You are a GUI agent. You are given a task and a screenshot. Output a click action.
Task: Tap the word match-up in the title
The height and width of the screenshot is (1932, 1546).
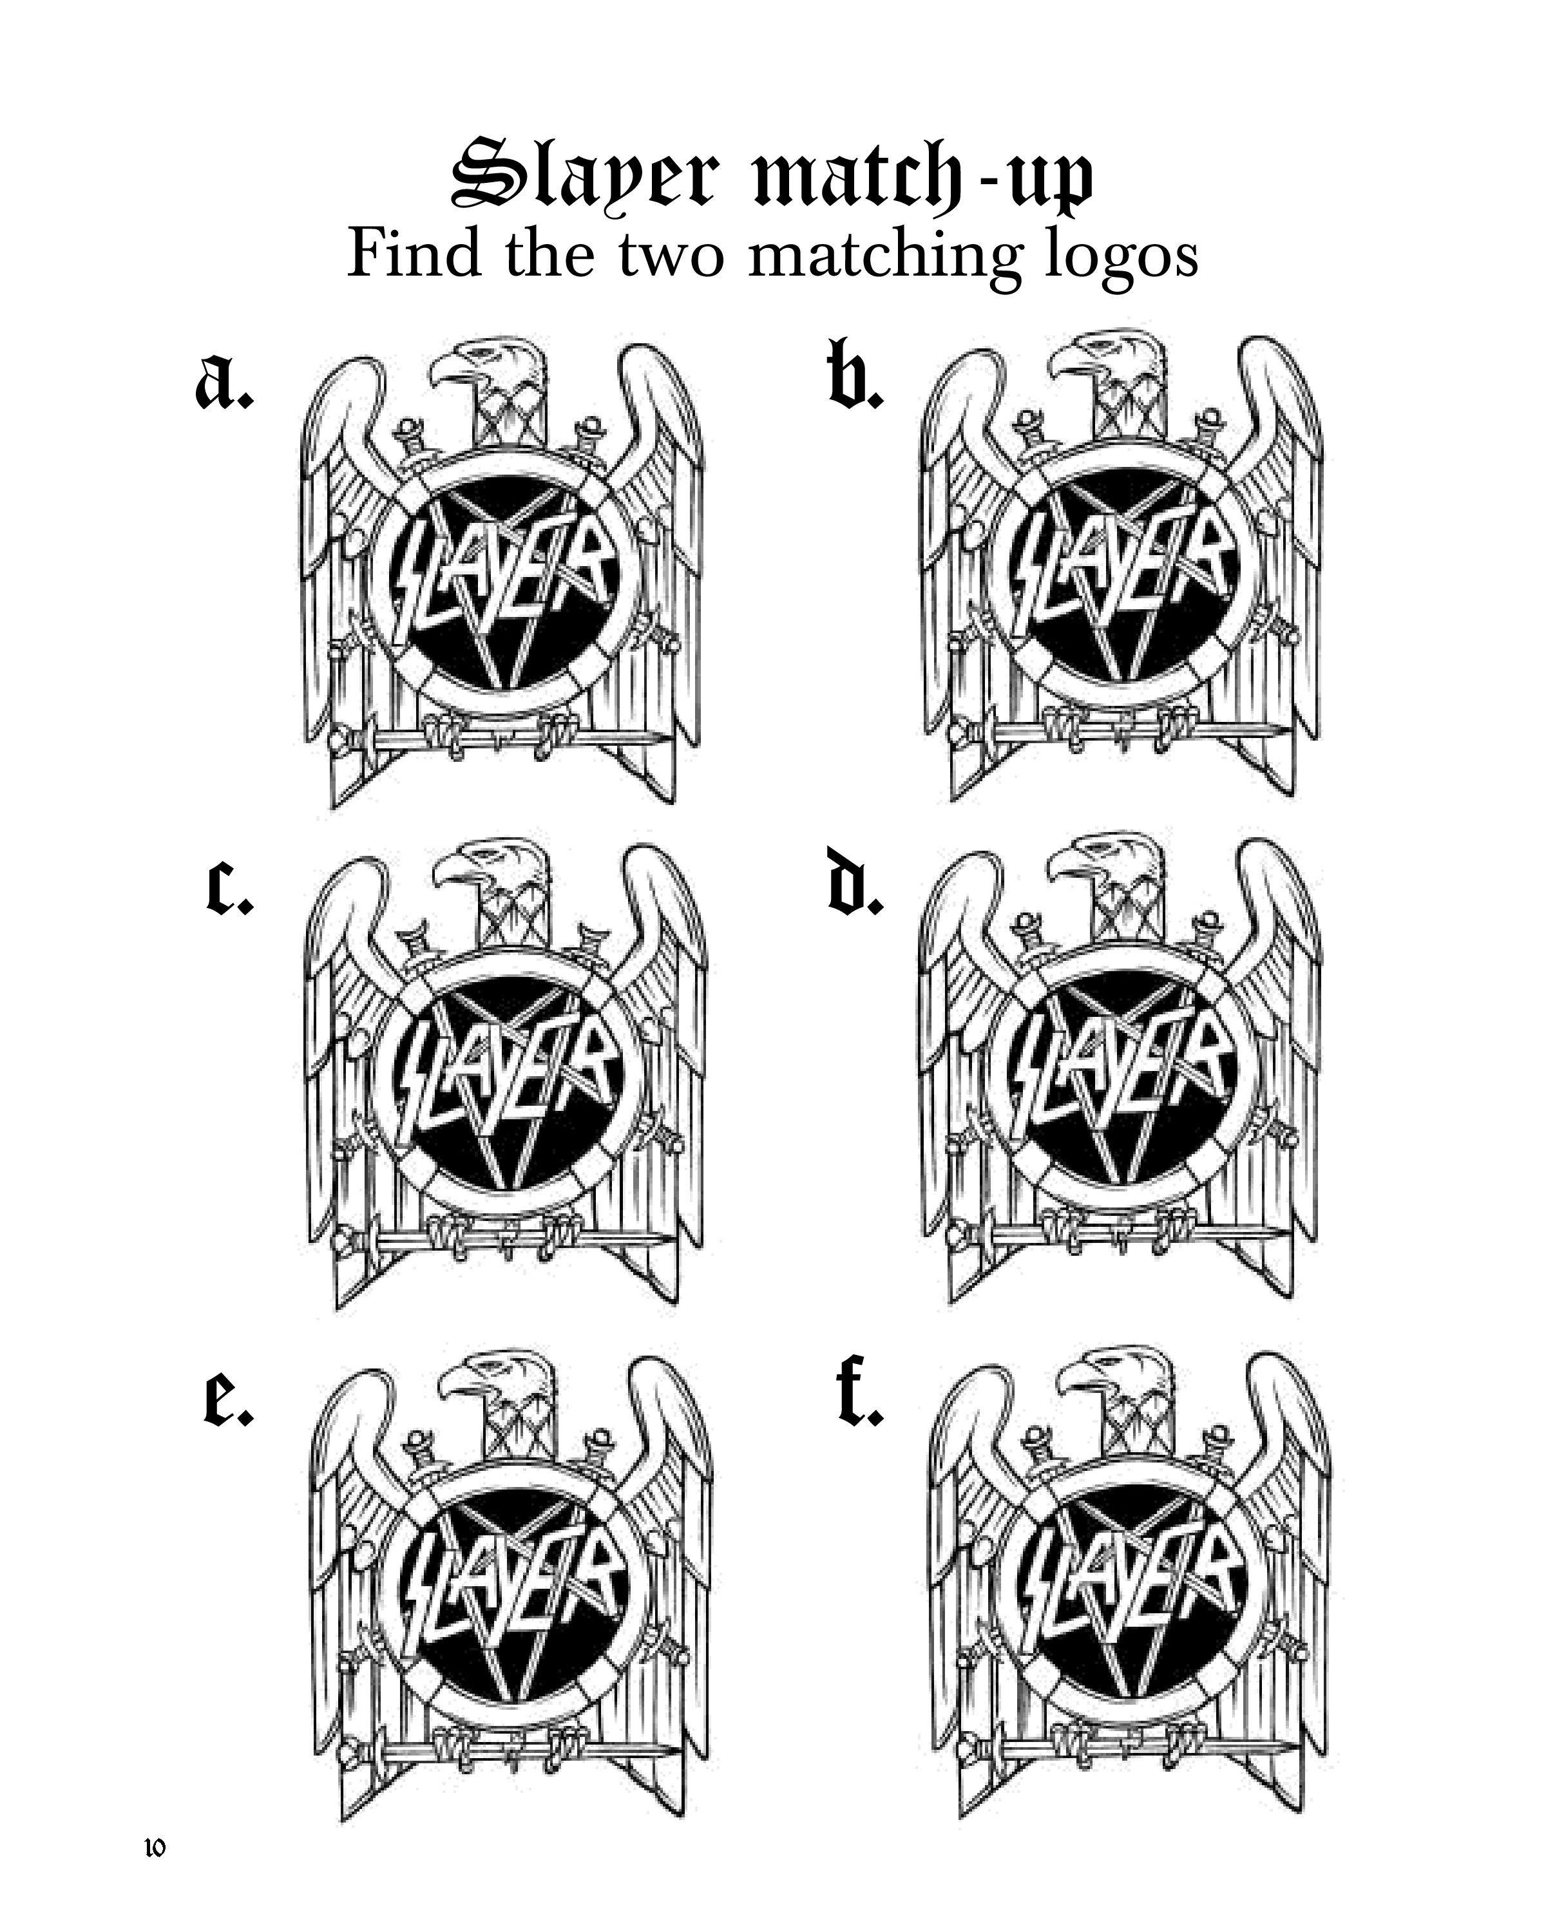(923, 178)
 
